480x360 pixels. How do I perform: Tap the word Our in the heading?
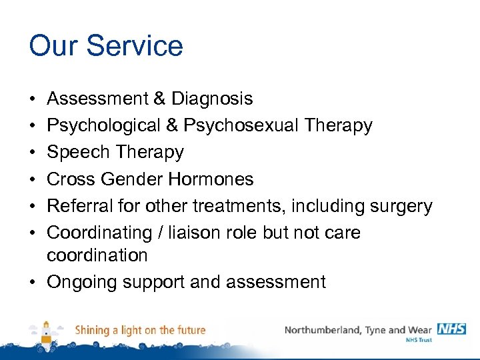pos(53,46)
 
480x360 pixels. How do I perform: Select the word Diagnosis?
pos(212,99)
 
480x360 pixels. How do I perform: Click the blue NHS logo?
pos(451,329)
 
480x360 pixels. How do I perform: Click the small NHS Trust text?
pos(419,340)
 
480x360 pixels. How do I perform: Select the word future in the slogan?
pos(190,329)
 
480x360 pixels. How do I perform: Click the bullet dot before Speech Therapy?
pos(33,153)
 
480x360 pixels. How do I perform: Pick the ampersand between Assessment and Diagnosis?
pos(159,99)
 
